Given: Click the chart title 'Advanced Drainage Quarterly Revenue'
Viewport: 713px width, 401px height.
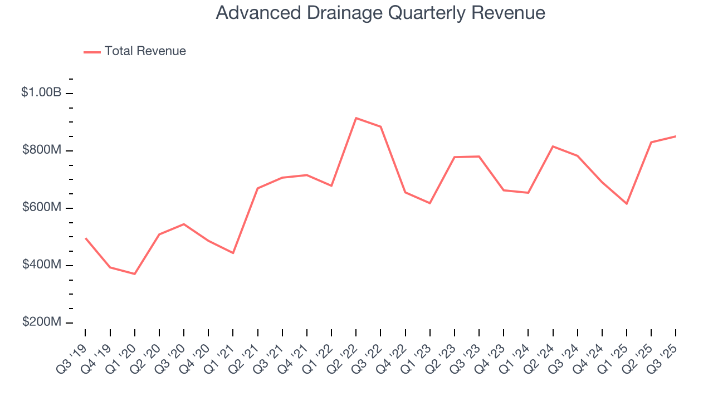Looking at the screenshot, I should [380, 13].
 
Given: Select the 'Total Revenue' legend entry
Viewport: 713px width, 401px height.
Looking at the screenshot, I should [145, 51].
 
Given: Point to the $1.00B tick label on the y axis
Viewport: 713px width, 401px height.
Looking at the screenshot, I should [41, 93].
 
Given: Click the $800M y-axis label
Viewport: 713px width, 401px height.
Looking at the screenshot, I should [41, 150].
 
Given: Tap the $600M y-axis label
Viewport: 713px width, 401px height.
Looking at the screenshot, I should [41, 208].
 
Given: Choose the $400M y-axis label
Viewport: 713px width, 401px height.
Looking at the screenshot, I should [41, 265].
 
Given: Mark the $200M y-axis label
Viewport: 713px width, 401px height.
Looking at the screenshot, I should [41, 322].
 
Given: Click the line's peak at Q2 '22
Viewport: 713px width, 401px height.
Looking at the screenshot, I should [356, 118].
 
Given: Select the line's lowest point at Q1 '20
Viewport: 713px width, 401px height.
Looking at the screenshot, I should [134, 273].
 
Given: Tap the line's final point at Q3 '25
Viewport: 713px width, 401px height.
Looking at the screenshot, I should [676, 136].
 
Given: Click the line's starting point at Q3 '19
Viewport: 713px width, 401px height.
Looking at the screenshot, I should [85, 238].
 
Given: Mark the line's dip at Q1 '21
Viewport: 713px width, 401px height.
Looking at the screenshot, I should [233, 253].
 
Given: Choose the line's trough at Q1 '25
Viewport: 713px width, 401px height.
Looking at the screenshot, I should [627, 203].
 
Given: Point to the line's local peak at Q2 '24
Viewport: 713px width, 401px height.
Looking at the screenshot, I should [553, 146].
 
